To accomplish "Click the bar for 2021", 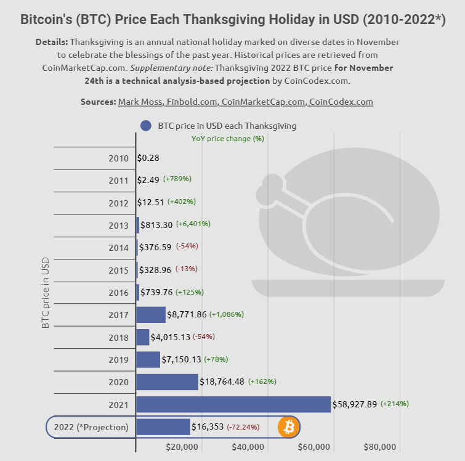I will point(233,404).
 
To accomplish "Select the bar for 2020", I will point(167,382).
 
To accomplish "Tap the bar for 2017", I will point(151,314).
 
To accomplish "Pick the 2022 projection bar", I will point(163,426).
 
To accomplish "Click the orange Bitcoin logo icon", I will point(288,426).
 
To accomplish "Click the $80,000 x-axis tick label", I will point(380,447).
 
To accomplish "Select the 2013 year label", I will point(118,226).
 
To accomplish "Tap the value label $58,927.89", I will point(355,405).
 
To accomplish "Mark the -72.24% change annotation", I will point(243,427).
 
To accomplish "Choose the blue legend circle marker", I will point(145,126).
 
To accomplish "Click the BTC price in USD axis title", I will point(46,292).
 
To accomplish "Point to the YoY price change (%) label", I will point(227,139).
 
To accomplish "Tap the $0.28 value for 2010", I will point(148,158).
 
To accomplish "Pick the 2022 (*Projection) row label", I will point(91,427).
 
